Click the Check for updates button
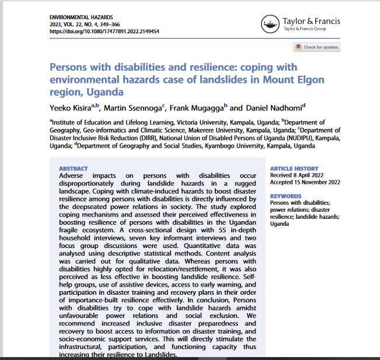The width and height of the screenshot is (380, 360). [x=316, y=47]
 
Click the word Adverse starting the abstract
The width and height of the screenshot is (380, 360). [x=73, y=176]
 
